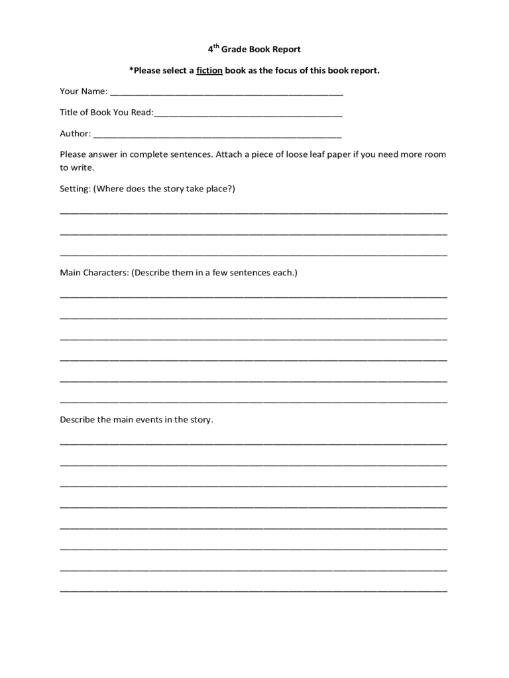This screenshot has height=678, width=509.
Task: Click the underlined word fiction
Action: coord(209,70)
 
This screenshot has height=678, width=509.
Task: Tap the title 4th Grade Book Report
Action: coord(254,49)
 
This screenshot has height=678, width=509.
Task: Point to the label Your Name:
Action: coord(84,91)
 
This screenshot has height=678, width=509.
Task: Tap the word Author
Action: coord(74,134)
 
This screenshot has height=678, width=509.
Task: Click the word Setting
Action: coord(74,189)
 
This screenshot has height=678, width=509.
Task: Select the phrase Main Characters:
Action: coord(94,272)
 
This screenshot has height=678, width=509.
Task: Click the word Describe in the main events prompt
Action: coord(78,420)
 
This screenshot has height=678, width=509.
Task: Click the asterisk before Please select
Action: coord(131,70)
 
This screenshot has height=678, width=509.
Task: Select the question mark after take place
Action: coord(231,189)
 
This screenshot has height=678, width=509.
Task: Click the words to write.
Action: coord(78,168)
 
